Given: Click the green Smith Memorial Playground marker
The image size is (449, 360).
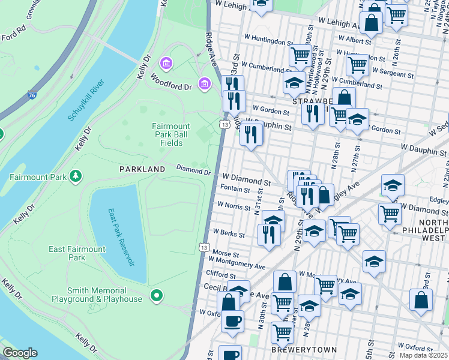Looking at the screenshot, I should point(157,295).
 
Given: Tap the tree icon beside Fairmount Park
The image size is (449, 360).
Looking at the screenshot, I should point(76,176).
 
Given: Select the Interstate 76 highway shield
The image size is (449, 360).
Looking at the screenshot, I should point(32,94).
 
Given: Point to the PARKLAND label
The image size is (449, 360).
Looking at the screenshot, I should point(142,170).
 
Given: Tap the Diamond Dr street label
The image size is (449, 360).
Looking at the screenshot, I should point(193,171).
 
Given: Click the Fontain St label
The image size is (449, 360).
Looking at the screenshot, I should point(235,190).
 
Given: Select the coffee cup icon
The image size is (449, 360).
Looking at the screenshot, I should point(232,320).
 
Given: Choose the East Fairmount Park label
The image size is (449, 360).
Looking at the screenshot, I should point(77,253).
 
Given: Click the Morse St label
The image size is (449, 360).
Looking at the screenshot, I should point(226,253).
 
